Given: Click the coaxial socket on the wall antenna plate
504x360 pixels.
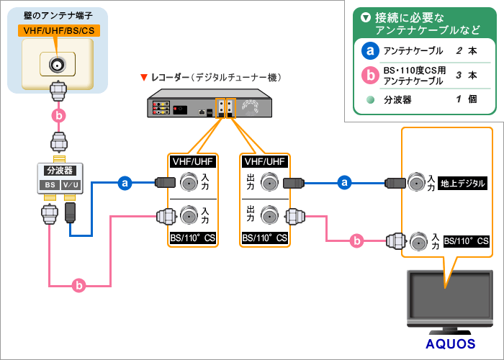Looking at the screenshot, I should [x=57, y=65].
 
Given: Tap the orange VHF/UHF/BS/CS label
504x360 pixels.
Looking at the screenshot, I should [x=57, y=31].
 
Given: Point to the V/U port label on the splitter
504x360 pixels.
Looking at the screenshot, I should [x=71, y=185].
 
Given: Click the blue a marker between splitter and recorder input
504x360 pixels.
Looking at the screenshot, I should [x=125, y=184].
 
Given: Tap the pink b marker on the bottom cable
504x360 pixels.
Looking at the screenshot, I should [x=80, y=286].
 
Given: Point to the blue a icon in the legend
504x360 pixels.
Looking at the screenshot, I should [x=369, y=51].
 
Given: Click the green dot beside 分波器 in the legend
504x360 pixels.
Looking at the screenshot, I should [x=369, y=100].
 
